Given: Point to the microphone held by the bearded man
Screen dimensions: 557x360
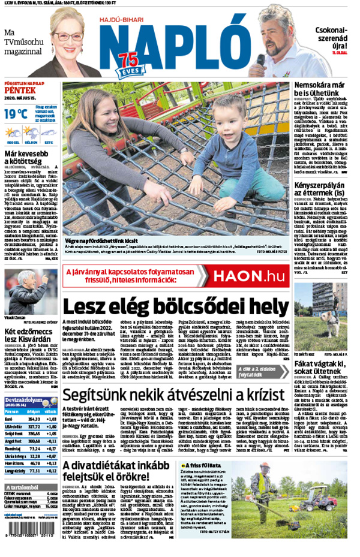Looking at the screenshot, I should (x=261, y=59).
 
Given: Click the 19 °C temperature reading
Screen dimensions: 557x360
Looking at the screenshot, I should (x=16, y=113).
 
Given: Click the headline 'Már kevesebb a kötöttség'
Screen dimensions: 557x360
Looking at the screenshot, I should (x=29, y=158).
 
